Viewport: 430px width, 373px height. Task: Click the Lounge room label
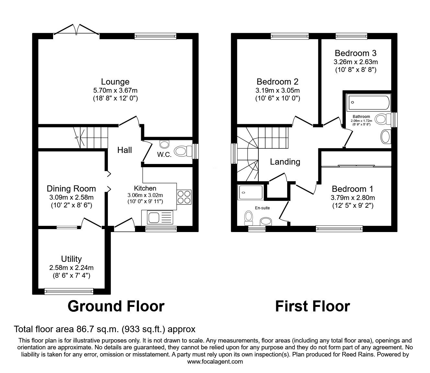click(115, 82)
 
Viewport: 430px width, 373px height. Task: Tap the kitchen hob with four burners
click(184, 197)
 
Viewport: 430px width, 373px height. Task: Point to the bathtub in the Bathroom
click(368, 103)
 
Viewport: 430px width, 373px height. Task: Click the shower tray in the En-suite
click(250, 192)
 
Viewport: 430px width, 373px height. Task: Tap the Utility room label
click(71, 259)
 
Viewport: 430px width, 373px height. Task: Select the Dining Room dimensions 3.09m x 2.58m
click(71, 197)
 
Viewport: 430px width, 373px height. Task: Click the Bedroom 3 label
click(356, 53)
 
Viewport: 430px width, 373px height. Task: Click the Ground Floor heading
click(116, 306)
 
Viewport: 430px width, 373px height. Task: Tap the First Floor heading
click(312, 306)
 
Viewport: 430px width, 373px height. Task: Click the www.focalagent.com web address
click(215, 362)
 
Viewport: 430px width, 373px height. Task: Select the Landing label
click(285, 161)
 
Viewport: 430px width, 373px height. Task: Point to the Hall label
click(124, 150)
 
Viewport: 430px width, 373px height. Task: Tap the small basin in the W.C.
click(164, 143)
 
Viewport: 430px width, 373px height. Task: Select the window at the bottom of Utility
click(69, 292)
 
